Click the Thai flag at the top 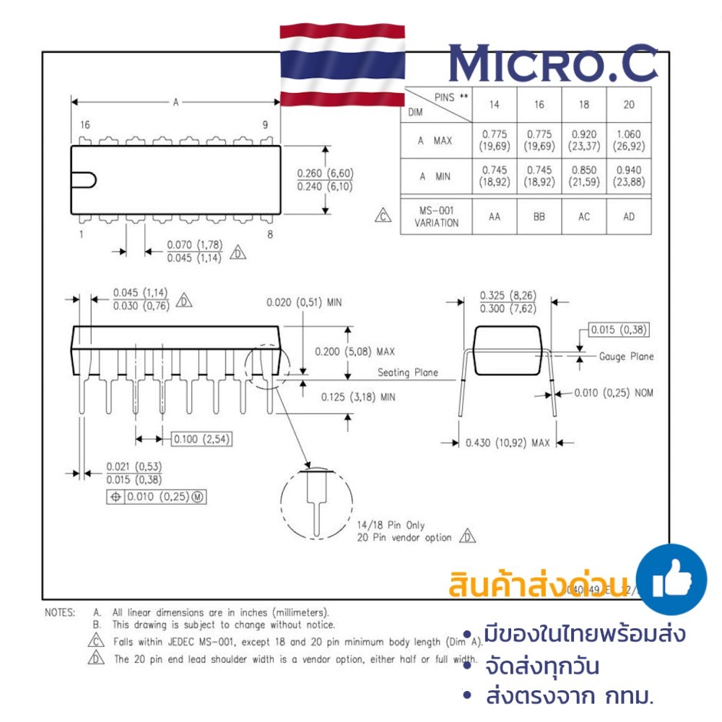click(x=343, y=65)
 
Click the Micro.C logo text click(x=553, y=64)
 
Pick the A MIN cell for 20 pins click(x=628, y=176)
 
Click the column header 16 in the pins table click(x=539, y=105)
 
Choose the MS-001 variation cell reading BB click(x=539, y=217)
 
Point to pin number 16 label click(x=85, y=125)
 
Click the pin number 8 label click(x=269, y=234)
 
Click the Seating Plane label click(x=408, y=373)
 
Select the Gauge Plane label click(x=626, y=356)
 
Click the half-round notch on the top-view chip click(x=86, y=180)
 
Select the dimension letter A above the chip click(x=175, y=103)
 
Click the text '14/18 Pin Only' click(x=391, y=525)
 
